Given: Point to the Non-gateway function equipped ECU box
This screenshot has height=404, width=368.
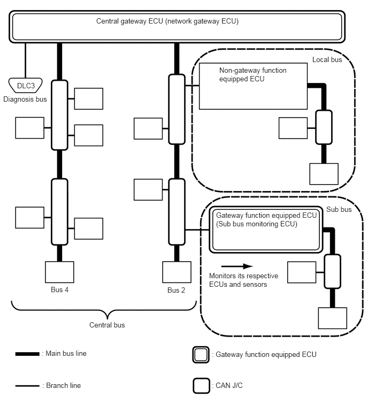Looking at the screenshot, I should point(253,86).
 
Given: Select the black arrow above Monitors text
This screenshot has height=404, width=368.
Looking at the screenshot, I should point(236,265).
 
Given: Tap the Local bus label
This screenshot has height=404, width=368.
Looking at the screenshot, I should point(327,60).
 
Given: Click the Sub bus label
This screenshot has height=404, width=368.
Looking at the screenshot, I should point(339,209).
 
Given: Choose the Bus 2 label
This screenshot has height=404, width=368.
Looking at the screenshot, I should point(176,290).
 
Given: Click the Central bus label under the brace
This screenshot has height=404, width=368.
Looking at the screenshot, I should point(106,325).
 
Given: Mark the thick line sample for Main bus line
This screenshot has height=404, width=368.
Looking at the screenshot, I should point(27,354).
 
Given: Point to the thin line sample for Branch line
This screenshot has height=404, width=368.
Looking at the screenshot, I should point(27,385).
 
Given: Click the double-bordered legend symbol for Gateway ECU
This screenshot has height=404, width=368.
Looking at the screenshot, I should point(201,355).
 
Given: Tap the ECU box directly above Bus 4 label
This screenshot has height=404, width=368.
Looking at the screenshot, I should point(59,272).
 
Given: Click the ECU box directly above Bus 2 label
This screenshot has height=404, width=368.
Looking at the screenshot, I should point(177,272).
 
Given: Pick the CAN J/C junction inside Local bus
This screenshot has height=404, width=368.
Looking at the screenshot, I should point(324,127).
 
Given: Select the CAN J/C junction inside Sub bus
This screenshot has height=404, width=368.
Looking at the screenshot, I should point(332,272).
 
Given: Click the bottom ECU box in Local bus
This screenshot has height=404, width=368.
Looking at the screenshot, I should point(324,173).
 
